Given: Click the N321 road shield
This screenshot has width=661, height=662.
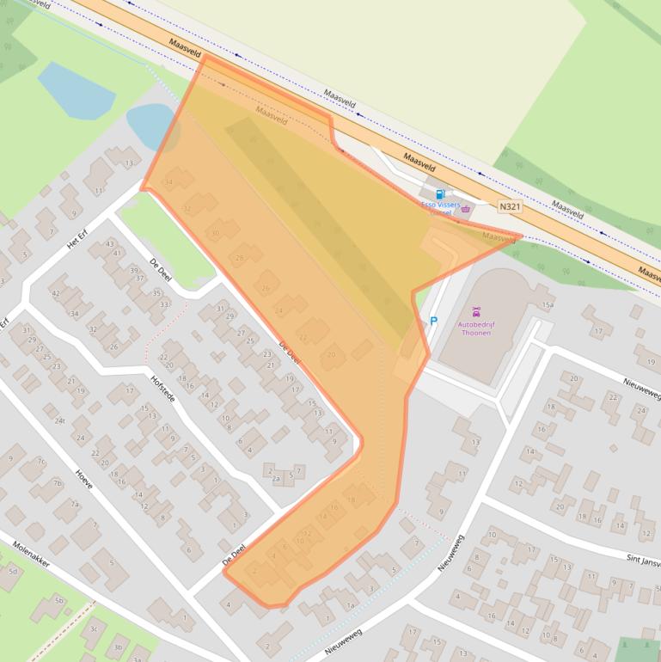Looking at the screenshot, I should [510, 207].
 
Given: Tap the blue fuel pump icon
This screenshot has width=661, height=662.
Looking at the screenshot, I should [440, 195].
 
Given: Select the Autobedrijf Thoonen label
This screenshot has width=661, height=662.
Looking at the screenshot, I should [475, 328].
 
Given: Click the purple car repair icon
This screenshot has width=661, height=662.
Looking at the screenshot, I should [475, 312].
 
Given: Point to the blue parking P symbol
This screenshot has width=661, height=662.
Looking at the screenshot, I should [433, 322].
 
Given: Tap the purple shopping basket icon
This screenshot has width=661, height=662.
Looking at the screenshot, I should [466, 209].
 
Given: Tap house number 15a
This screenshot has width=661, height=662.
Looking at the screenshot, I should [548, 305].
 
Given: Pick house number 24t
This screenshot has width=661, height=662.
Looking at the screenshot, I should [59, 420].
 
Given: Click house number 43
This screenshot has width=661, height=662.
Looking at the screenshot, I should [109, 244].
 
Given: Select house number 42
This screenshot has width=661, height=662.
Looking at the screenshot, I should [55, 293].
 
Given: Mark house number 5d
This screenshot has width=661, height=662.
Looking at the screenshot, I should [12, 571].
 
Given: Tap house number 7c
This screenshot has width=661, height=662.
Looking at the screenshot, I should [40, 462].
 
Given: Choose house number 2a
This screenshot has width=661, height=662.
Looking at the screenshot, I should [277, 479].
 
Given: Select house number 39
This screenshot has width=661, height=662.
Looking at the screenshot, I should [134, 270].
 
